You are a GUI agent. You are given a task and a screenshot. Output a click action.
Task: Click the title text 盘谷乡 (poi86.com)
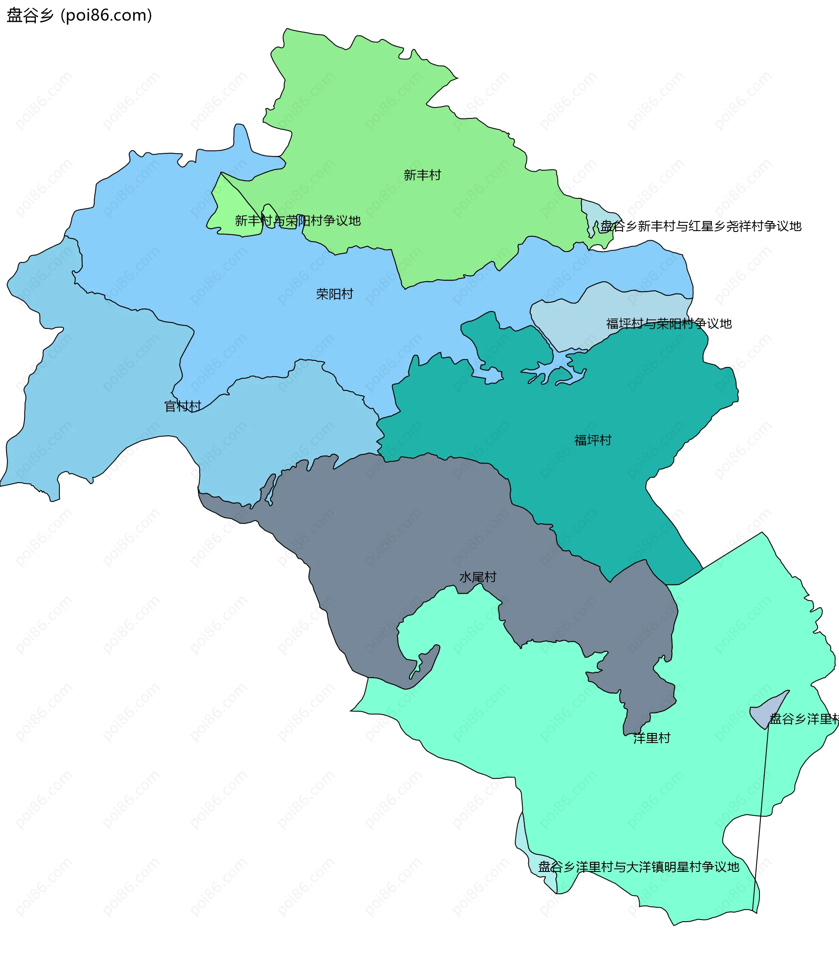coord(80,15)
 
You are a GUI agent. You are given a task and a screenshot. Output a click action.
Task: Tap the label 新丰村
coord(422,175)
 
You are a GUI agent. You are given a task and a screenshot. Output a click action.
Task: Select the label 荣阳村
coord(334,294)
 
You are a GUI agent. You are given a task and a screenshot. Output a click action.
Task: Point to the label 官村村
coord(183,406)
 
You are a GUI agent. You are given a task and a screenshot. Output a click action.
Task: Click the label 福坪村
coord(593,440)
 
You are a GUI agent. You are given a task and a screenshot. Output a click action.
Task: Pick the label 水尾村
coord(477,577)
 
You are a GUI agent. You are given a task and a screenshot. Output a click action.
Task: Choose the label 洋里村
coord(651,738)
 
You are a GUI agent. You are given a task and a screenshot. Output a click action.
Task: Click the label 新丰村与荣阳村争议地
coord(298,221)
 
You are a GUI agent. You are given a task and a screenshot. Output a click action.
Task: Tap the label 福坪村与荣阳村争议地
coord(669,323)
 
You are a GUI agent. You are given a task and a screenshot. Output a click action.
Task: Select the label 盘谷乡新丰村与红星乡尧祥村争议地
coord(700,226)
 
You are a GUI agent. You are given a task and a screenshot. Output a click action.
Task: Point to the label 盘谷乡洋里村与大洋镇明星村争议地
coord(638,867)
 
